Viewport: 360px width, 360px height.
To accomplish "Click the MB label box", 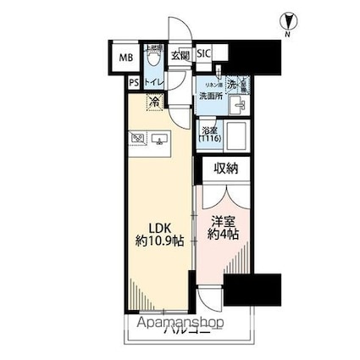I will (125, 58).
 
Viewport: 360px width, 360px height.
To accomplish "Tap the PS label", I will (134, 82).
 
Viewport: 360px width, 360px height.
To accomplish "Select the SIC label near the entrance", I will (204, 53).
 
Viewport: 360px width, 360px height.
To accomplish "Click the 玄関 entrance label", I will (180, 55).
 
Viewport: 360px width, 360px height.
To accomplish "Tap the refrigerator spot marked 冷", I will (154, 102).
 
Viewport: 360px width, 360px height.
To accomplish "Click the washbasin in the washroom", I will (238, 107).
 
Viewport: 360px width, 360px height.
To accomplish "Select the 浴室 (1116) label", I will (208, 134).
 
